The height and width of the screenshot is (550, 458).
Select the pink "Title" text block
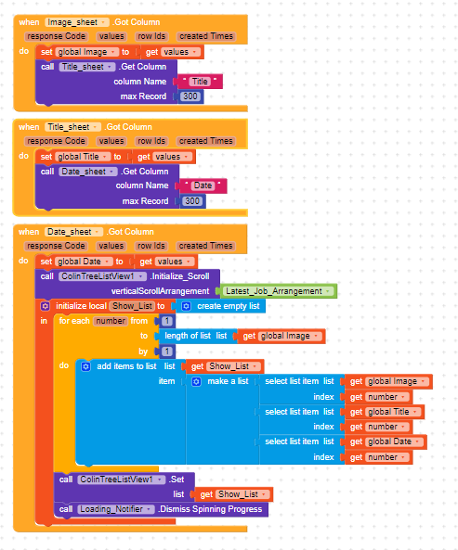[x=200, y=82]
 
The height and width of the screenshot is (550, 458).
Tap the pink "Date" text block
[x=203, y=185]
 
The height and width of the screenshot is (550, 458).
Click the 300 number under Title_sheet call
[x=190, y=96]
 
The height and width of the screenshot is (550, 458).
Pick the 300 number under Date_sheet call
[x=192, y=201]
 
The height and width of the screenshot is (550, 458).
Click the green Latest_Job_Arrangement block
[x=279, y=291]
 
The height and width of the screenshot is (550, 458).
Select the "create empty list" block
[x=220, y=306]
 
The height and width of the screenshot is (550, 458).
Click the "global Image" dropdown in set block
[x=86, y=52]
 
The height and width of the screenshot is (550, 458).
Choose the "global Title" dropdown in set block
[x=83, y=157]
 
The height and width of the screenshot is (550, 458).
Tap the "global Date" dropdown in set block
[x=84, y=262]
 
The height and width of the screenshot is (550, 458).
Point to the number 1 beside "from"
[x=167, y=321]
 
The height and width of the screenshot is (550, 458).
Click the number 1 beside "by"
[x=167, y=352]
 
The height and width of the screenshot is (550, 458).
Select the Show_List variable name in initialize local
[x=132, y=306]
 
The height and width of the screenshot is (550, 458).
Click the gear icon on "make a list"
[x=197, y=381]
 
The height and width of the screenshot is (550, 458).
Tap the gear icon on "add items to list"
[x=85, y=367]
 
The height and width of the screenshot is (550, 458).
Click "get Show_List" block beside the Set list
[x=234, y=494]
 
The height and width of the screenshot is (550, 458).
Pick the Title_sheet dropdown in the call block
[x=87, y=67]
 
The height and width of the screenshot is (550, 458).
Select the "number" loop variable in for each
[x=111, y=321]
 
